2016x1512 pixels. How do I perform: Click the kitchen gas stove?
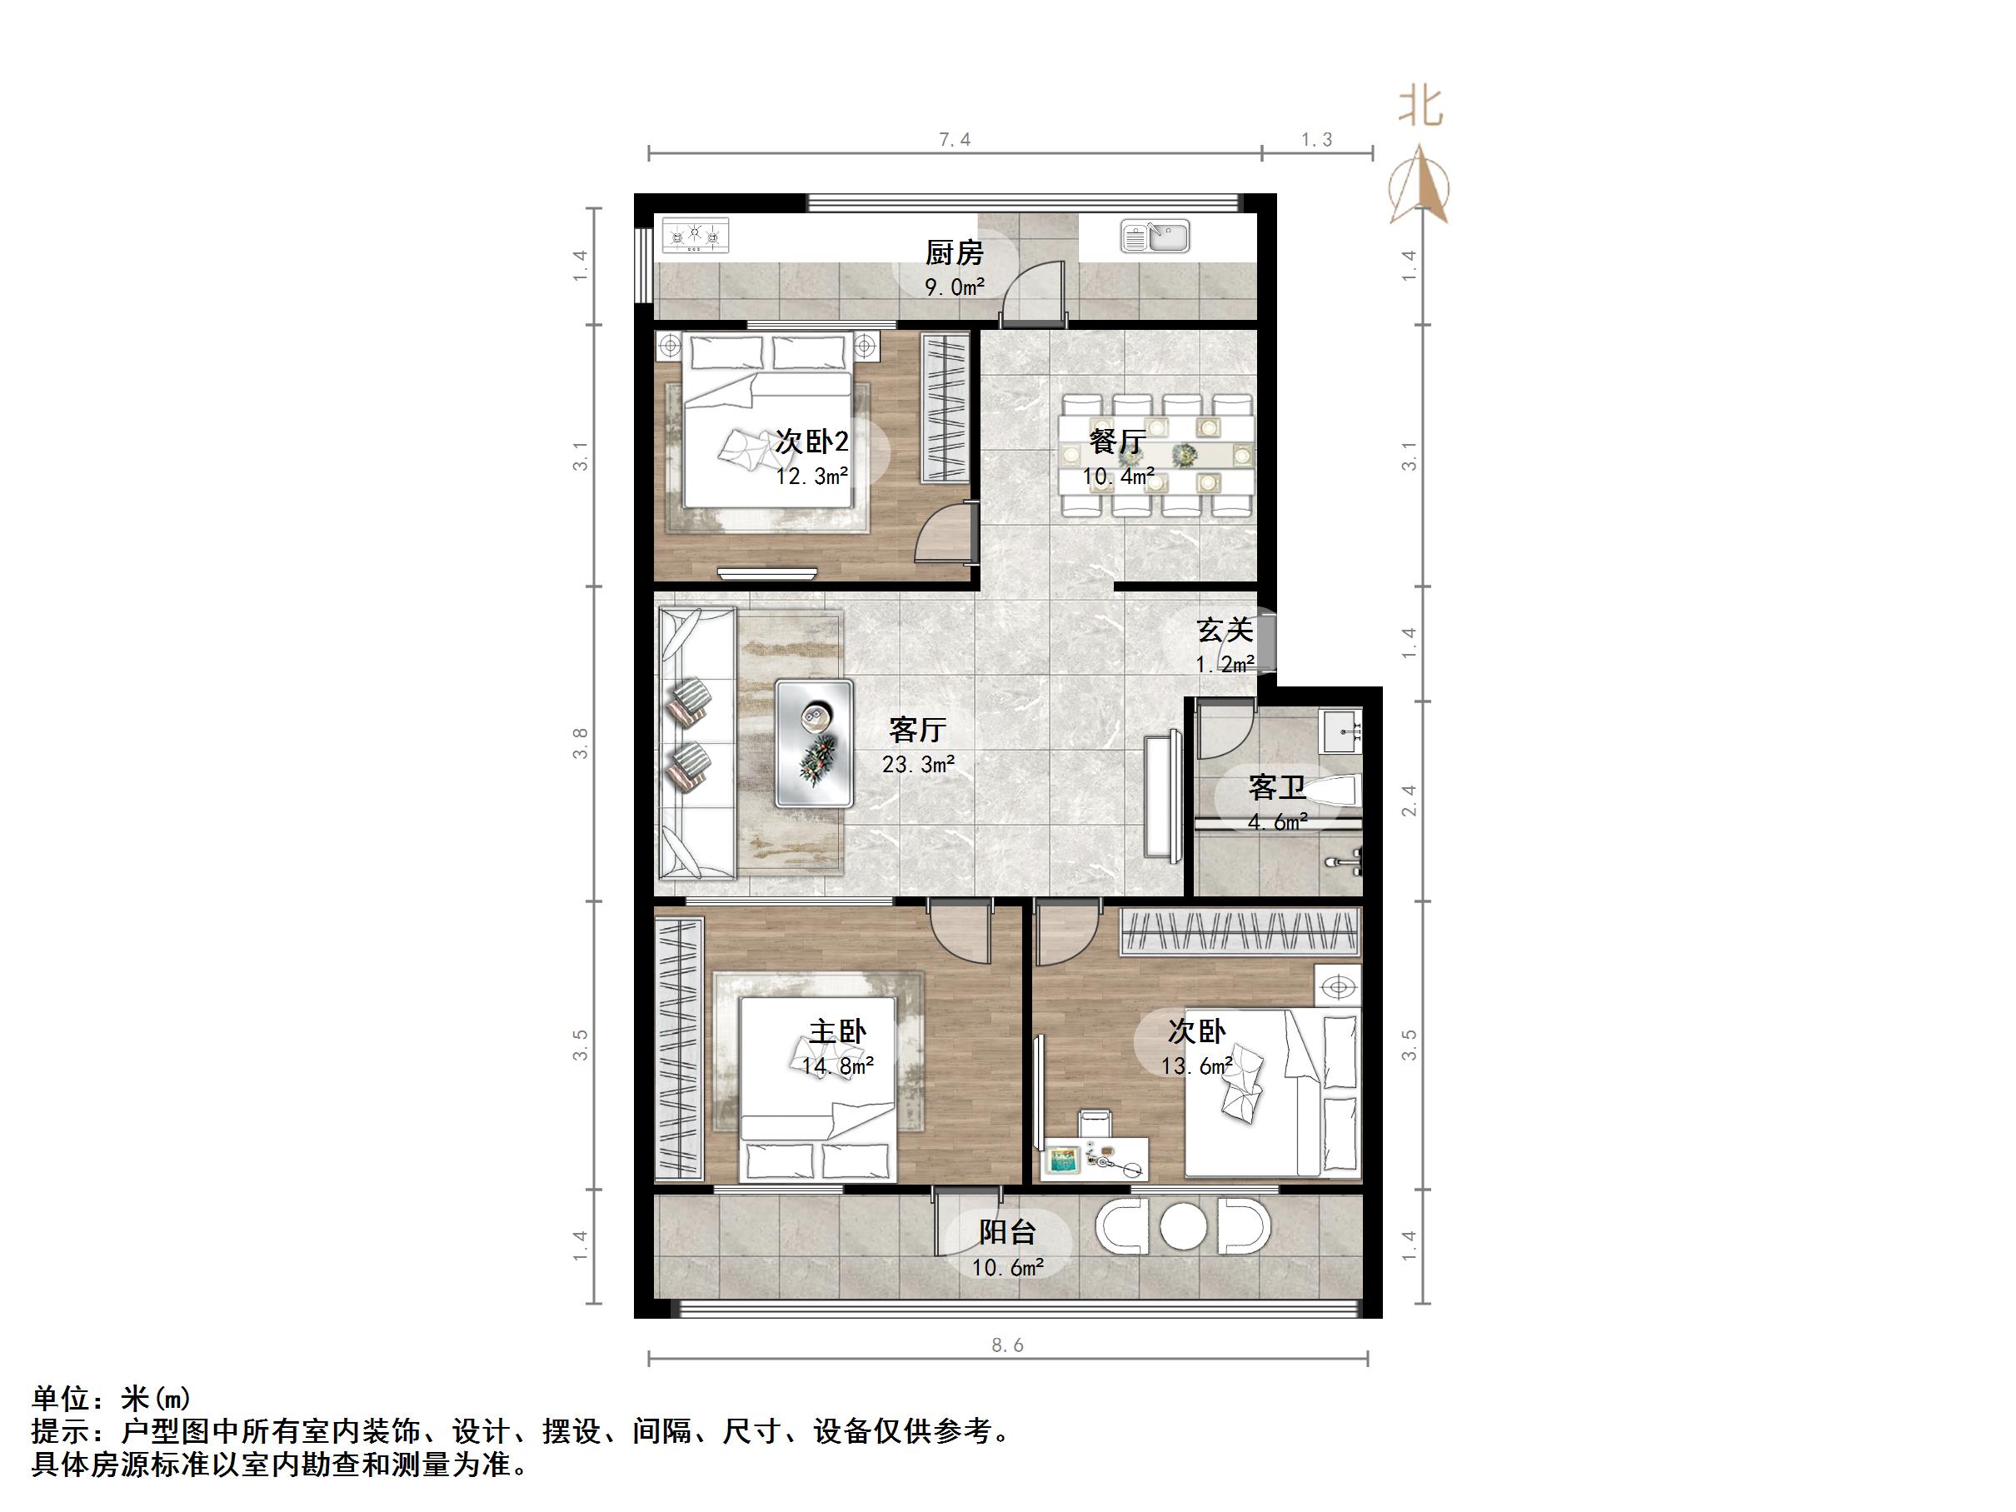click(696, 236)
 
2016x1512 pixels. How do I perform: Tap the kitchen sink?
click(1155, 237)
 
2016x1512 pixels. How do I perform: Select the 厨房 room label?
click(954, 252)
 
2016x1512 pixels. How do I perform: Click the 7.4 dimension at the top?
click(954, 139)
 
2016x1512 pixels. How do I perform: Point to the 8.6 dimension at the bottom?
click(1007, 1345)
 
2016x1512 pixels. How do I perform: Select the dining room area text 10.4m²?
click(1118, 477)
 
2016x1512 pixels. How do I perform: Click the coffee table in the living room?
click(814, 743)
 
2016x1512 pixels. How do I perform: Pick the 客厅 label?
click(918, 729)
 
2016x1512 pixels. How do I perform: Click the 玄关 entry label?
click(1224, 630)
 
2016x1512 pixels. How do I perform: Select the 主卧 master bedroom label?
click(837, 1031)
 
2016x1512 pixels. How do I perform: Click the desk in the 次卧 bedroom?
click(1095, 1157)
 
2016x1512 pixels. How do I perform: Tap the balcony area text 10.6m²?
click(1007, 1268)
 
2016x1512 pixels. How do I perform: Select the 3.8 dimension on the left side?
click(581, 743)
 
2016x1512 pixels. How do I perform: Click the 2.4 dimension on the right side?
click(1409, 801)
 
